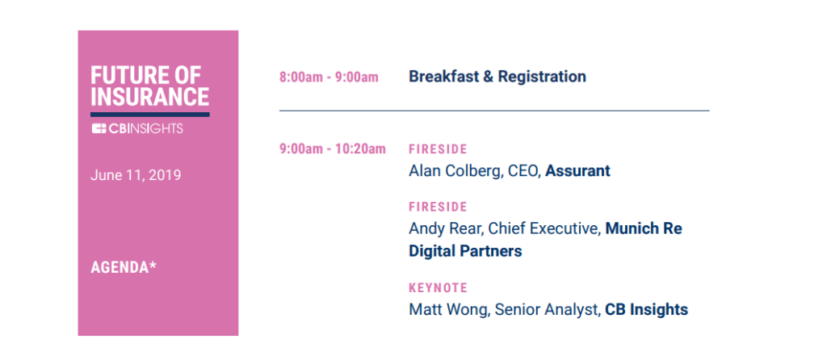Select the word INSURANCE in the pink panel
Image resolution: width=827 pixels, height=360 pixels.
point(149,97)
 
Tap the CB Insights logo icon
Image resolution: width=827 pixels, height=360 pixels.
point(99,128)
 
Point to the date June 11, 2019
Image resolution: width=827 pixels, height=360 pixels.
point(136,175)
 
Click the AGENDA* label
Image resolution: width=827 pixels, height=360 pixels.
point(124,267)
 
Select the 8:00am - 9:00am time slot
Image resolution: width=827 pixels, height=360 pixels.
point(329,77)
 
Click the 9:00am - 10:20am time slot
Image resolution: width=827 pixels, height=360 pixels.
point(332,149)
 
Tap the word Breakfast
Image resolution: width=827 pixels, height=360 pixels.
point(443,77)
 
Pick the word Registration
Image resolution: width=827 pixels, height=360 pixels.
point(542,77)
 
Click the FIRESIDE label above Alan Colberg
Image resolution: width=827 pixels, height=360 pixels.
point(438,149)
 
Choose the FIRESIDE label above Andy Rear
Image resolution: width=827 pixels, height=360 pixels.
point(438,207)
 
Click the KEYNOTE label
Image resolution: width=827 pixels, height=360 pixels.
point(438,288)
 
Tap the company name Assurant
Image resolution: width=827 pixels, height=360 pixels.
point(577,171)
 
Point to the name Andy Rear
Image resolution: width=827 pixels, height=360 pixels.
point(445,228)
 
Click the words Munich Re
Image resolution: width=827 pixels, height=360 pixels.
point(644,228)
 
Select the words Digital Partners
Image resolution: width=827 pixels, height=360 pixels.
point(465,251)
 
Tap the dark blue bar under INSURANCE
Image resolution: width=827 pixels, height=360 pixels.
point(149,115)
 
